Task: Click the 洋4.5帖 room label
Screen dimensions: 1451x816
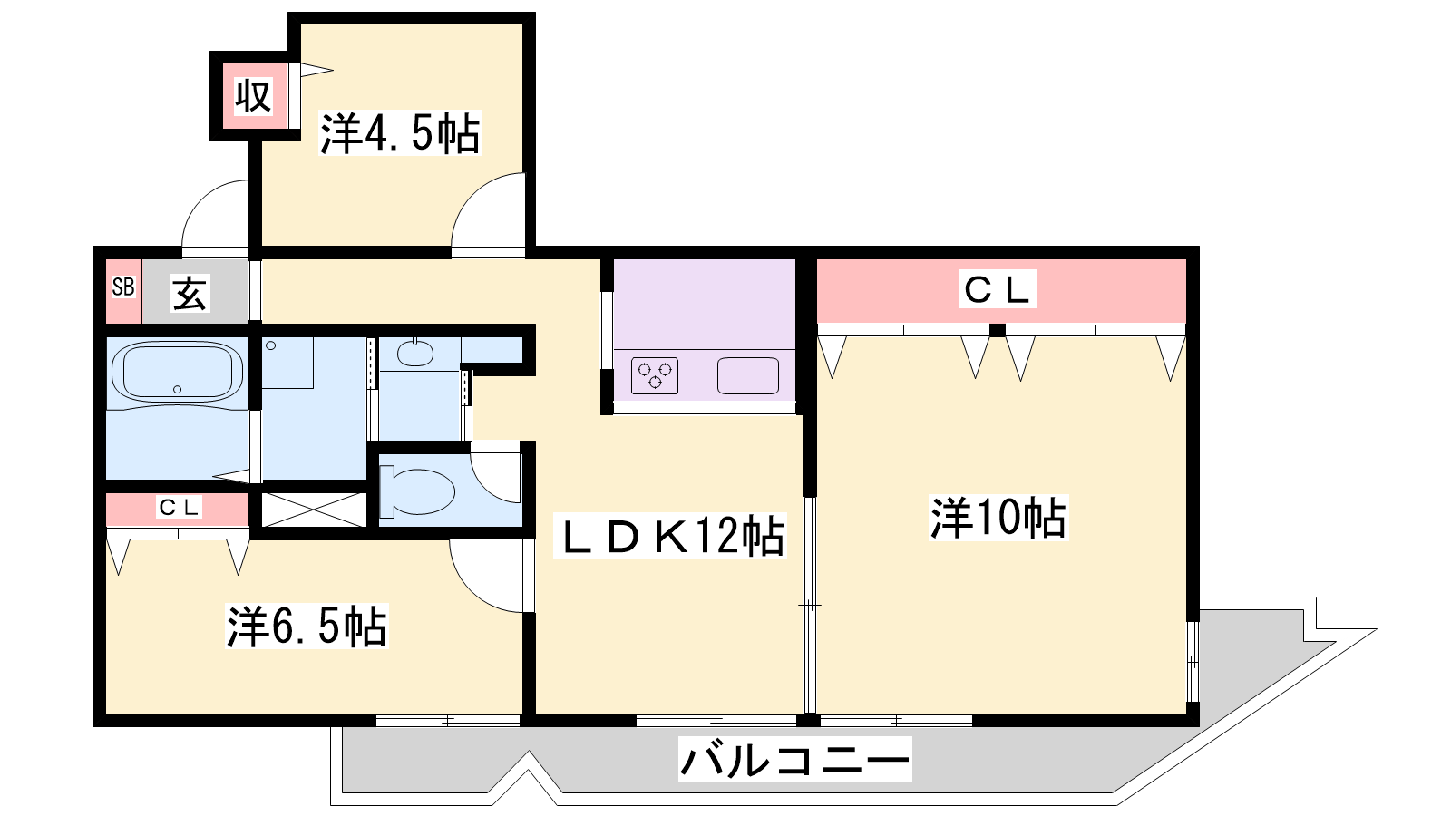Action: [400, 133]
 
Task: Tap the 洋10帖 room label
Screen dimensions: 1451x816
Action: [998, 518]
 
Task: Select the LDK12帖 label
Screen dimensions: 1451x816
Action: [670, 536]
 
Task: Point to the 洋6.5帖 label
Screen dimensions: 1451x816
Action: [307, 627]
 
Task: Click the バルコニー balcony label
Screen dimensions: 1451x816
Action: [794, 759]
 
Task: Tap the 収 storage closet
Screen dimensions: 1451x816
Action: [253, 96]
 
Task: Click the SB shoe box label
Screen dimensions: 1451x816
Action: [123, 287]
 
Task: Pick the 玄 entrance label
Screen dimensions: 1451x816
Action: [190, 293]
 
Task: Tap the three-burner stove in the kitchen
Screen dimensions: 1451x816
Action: [655, 375]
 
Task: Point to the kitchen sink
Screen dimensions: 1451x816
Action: [748, 375]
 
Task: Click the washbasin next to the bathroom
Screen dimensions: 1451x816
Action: [415, 353]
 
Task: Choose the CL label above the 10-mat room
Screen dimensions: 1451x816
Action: [997, 289]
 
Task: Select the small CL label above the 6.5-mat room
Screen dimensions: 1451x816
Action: [179, 507]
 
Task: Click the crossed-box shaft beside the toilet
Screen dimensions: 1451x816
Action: [314, 510]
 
